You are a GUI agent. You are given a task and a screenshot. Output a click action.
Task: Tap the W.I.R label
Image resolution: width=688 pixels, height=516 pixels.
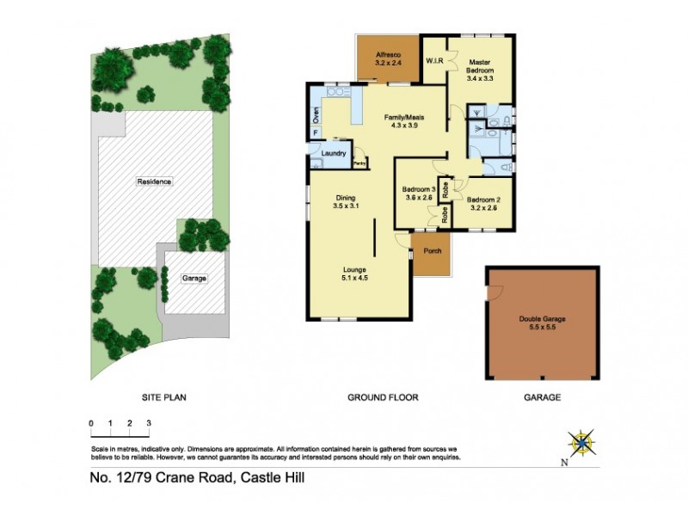(x=434, y=61)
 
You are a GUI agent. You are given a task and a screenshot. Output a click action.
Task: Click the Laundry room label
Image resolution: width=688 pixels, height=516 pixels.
(x=333, y=154)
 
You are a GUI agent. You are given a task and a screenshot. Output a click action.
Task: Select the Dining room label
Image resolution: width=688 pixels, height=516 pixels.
(x=345, y=201)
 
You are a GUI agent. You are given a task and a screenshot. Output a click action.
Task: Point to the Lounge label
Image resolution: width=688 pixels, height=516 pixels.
(x=355, y=273)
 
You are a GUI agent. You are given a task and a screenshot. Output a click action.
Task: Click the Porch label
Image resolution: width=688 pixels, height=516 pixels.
(x=432, y=252)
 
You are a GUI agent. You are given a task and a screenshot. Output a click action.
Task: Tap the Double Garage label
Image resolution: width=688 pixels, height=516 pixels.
(x=542, y=318)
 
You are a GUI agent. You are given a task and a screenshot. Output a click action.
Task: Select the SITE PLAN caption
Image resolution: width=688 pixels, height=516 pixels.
(x=164, y=397)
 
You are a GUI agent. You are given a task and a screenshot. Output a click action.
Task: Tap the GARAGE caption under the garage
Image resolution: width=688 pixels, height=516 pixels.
(x=542, y=397)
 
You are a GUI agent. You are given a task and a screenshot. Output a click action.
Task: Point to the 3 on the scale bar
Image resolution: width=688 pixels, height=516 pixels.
(x=149, y=424)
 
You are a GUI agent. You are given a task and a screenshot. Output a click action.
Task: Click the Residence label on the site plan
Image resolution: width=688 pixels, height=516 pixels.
(x=154, y=181)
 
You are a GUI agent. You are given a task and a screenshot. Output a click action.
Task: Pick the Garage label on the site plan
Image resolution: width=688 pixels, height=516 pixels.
(x=193, y=279)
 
